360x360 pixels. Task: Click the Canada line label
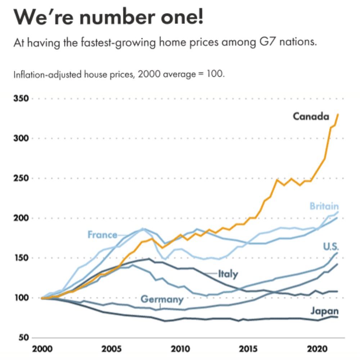click(x=311, y=116)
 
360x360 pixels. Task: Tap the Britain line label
click(x=324, y=206)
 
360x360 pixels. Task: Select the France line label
click(x=102, y=235)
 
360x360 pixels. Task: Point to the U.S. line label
click(x=331, y=247)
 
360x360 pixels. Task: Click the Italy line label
click(x=228, y=274)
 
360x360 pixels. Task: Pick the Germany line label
click(x=162, y=299)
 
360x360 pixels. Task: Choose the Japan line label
click(x=325, y=311)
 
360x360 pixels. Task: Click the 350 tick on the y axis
click(x=21, y=99)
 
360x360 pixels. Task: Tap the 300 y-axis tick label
click(x=21, y=139)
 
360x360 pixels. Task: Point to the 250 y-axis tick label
click(x=21, y=179)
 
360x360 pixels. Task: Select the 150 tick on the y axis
click(x=21, y=258)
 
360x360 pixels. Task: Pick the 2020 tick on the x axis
click(x=315, y=349)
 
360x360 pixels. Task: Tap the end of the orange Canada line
click(x=338, y=114)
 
